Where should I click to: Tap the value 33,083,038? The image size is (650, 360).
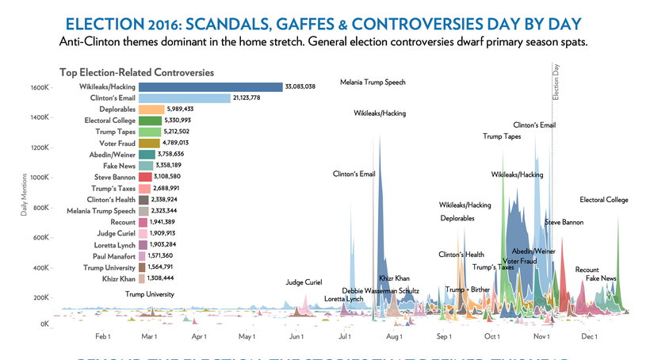pyautogui.click(x=300, y=86)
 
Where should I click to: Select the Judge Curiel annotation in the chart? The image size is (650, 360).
pyautogui.click(x=304, y=282)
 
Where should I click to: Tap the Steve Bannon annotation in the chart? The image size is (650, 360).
pyautogui.click(x=564, y=223)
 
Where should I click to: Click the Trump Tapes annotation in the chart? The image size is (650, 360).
pyautogui.click(x=502, y=136)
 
